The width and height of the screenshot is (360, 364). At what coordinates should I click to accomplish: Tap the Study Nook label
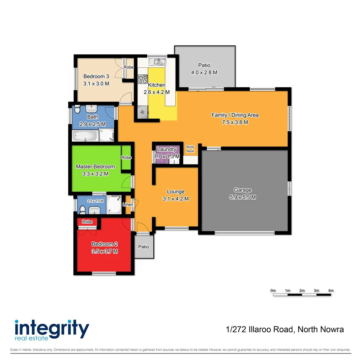pos(190,149)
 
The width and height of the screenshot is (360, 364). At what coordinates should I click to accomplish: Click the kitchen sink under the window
pos(158,62)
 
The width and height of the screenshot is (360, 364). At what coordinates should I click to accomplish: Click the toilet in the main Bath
pos(77,110)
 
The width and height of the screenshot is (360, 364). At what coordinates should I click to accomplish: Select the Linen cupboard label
pos(128,205)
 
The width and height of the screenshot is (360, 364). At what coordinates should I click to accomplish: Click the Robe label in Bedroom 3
pos(128,67)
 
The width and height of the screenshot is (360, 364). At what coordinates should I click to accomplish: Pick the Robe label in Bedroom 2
pos(87,222)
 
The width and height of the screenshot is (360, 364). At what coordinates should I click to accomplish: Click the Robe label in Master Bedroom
pos(126,157)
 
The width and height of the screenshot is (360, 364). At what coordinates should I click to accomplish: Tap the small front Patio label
pos(144,247)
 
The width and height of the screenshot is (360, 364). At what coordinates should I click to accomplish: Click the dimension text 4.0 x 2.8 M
pos(204,72)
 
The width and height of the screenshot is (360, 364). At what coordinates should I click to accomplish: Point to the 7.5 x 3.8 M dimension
pos(235,122)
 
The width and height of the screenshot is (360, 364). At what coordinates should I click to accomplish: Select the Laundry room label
pos(167,149)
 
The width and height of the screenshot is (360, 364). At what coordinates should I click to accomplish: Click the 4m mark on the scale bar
pos(331,291)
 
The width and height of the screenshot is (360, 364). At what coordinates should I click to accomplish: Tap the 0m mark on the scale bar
pos(273,291)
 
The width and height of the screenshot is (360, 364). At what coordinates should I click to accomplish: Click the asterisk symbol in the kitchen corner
pos(142,113)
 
